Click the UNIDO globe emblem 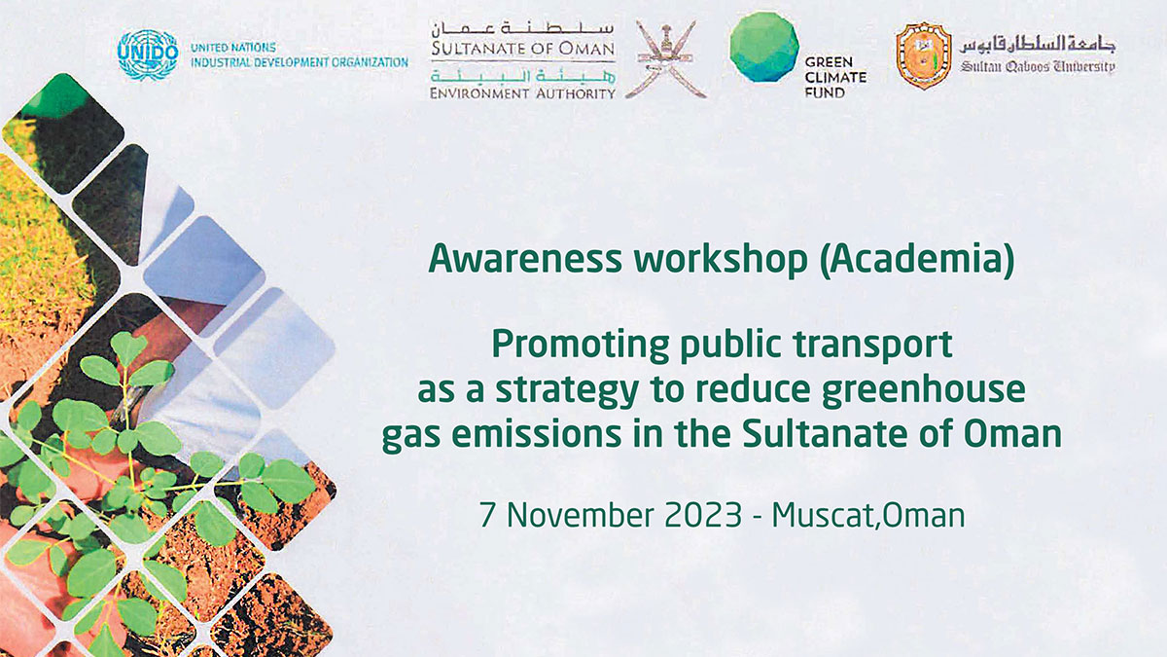point(148,55)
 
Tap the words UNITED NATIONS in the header point(233,48)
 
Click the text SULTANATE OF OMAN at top point(523,49)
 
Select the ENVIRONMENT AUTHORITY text point(522,93)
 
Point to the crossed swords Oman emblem point(666,59)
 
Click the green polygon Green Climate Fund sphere point(764,47)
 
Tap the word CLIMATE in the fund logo point(835,77)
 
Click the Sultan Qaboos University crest point(924,55)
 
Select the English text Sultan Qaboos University point(1038,67)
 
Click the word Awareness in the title point(525,259)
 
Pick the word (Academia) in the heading point(917,260)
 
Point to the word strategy point(567,391)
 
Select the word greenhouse point(924,390)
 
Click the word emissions point(536,434)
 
